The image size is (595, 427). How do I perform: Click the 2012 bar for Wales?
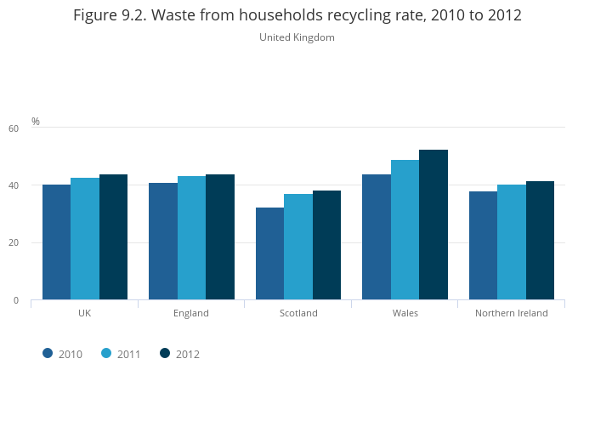pyautogui.click(x=433, y=225)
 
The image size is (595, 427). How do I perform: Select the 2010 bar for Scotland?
pyautogui.click(x=269, y=253)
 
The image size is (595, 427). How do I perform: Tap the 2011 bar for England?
pyautogui.click(x=191, y=238)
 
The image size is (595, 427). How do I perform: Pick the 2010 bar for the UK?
pyautogui.click(x=56, y=242)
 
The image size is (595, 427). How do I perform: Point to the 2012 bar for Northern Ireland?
pyautogui.click(x=540, y=241)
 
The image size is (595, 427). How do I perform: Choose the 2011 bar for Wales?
pyautogui.click(x=405, y=230)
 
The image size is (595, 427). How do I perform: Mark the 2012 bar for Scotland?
pyautogui.click(x=326, y=245)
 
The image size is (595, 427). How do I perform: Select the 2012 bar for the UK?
pyautogui.click(x=113, y=237)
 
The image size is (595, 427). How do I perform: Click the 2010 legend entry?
pyautogui.click(x=63, y=354)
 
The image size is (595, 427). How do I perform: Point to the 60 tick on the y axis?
pyautogui.click(x=14, y=128)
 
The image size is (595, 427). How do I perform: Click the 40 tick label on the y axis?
pyautogui.click(x=14, y=185)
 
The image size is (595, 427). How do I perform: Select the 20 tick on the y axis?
pyautogui.click(x=14, y=243)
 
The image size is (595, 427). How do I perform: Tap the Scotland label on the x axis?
pyautogui.click(x=298, y=313)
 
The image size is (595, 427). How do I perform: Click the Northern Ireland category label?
pyautogui.click(x=511, y=313)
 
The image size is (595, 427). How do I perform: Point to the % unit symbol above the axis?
pyautogui.click(x=36, y=122)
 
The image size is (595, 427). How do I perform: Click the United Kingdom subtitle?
pyautogui.click(x=297, y=37)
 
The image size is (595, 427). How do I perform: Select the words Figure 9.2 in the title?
pyautogui.click(x=108, y=15)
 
